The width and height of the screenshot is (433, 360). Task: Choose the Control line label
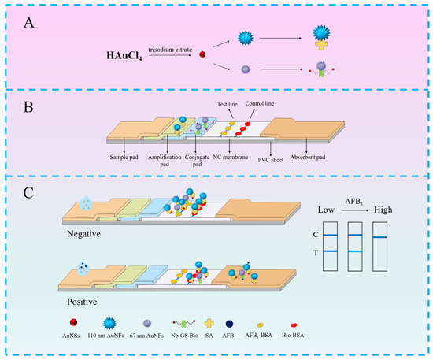[264, 104]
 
